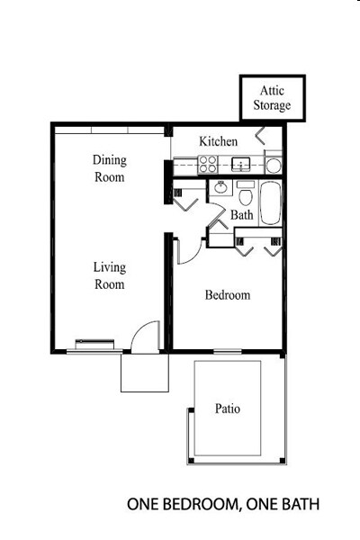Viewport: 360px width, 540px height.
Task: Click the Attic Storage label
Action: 274,98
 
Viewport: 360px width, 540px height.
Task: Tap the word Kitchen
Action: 219,142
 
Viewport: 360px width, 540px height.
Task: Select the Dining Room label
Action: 109,168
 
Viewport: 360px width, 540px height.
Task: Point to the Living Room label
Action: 109,275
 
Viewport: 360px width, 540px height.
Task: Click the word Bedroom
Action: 227,295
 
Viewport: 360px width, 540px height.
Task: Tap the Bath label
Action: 241,216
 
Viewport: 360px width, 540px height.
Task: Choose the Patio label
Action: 227,409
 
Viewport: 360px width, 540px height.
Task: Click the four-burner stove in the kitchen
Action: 208,165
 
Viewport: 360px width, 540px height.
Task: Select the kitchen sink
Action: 240,165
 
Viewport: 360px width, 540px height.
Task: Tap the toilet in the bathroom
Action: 245,194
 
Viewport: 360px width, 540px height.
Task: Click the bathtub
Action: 272,203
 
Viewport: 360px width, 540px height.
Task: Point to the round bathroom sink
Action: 219,189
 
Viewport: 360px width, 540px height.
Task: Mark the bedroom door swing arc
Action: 186,253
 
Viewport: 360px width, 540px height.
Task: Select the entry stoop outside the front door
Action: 145,372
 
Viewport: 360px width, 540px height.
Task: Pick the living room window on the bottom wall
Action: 94,342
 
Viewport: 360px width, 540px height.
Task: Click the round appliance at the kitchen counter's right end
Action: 273,166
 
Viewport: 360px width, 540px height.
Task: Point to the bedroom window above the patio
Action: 228,351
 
